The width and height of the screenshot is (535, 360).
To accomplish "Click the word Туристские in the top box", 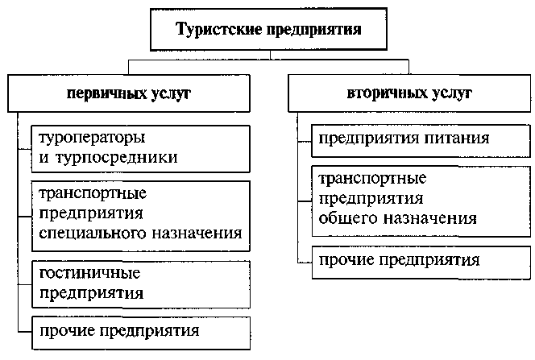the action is click(x=219, y=29).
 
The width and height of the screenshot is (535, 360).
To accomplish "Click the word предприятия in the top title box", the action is click(x=314, y=30).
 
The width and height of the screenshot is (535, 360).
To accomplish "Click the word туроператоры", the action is click(x=92, y=139).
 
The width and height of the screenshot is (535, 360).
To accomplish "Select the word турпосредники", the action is click(x=117, y=158).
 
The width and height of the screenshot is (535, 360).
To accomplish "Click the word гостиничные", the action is click(x=89, y=273).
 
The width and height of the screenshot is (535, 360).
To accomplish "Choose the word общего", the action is click(x=349, y=218).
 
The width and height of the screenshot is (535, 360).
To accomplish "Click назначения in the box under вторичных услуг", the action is click(x=430, y=218).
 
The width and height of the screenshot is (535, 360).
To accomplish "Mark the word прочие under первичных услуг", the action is click(x=67, y=331).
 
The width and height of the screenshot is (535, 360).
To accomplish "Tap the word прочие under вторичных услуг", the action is click(x=346, y=260).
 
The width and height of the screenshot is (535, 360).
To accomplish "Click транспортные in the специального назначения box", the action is click(x=93, y=194).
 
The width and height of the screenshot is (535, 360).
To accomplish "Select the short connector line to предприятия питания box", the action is click(x=305, y=141).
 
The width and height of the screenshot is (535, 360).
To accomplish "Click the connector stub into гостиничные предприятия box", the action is click(x=25, y=284).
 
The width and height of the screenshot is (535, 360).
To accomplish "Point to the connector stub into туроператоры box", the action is click(x=25, y=149).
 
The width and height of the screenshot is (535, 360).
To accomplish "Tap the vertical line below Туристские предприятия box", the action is click(x=270, y=56).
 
